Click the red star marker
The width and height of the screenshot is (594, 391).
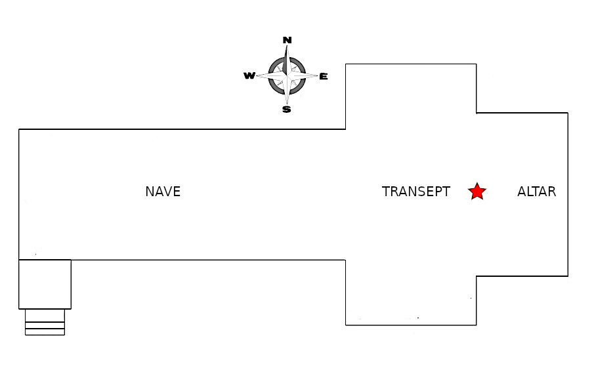477,192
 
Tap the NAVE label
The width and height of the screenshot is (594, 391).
163,192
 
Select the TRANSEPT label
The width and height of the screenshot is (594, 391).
416,192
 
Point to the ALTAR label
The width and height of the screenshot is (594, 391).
537,192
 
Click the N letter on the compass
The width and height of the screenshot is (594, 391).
287,40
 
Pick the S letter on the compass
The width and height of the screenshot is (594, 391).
287,110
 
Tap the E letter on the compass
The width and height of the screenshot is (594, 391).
323,77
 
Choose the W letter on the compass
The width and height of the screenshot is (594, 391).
249,75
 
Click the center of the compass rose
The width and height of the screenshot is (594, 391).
287,75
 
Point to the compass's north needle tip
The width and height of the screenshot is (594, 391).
287,45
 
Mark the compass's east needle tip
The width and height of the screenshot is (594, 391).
318,75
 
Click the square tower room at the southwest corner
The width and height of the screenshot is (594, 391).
45,284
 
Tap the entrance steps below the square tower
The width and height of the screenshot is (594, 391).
45,322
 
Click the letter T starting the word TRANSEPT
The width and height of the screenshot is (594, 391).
386,192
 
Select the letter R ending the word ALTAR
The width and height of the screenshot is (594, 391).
552,192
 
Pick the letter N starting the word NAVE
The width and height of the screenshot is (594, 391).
150,192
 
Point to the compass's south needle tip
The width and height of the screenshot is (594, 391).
287,104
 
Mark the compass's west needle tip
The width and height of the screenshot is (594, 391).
257,75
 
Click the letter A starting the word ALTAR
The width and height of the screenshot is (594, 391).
522,192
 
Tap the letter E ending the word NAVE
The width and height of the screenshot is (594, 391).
177,192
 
